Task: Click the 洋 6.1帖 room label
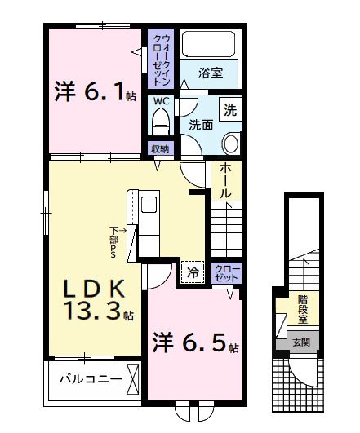pyautogui.click(x=95, y=91)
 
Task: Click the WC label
pyautogui.click(x=161, y=101)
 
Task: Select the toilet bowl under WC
pyautogui.click(x=161, y=122)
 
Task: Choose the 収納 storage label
pyautogui.click(x=160, y=149)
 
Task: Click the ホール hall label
pyautogui.click(x=225, y=179)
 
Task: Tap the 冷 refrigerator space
pyautogui.click(x=193, y=272)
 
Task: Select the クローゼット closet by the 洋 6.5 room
pyautogui.click(x=226, y=273)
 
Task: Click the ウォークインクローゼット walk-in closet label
pyautogui.click(x=160, y=59)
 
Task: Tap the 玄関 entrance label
pyautogui.click(x=301, y=343)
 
